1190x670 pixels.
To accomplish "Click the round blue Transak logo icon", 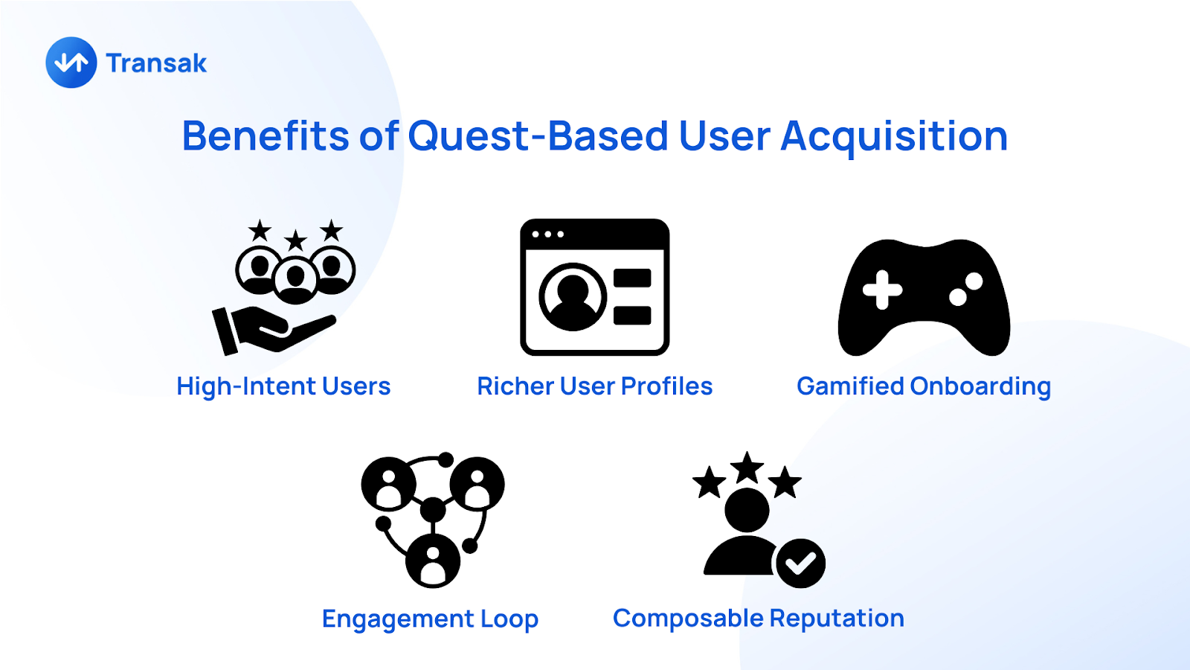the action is point(71,63).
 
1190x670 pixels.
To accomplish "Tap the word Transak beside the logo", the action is point(156,63).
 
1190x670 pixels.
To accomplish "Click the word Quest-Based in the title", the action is point(538,136).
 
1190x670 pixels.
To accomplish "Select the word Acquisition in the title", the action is point(894,137).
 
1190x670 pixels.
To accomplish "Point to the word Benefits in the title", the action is point(265,135).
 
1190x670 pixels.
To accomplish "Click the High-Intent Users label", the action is point(283,386).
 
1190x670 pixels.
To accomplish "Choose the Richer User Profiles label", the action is point(594,386).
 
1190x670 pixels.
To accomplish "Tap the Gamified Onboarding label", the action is point(924,387).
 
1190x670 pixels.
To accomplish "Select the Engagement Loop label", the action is point(431,619).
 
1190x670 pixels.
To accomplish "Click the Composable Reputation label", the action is point(759,619).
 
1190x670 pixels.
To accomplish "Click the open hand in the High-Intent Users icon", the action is point(274,330).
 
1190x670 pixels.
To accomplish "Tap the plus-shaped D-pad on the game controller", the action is point(882,290).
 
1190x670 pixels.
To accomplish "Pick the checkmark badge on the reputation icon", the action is point(800,563).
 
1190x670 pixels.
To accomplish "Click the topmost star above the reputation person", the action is point(747,468).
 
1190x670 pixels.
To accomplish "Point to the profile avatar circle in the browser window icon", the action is point(573,296).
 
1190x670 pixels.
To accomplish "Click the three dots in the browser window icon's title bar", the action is point(547,234).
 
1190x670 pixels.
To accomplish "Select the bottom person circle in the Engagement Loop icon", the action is point(433,561).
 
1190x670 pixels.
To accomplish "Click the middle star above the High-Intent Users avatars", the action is point(296,241).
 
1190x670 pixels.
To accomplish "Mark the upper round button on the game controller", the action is point(974,281).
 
